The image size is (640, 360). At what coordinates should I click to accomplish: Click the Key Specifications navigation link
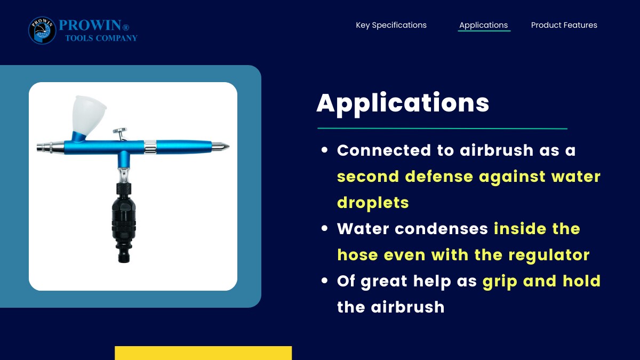point(391,25)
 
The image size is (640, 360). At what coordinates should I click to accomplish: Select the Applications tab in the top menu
point(483,25)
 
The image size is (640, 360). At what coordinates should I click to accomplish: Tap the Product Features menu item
point(564,25)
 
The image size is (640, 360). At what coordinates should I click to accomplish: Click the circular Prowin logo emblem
point(42,30)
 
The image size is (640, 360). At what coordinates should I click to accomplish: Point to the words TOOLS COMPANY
point(101,38)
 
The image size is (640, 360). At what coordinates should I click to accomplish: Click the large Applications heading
point(403,103)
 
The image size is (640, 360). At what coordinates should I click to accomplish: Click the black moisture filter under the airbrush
point(124,223)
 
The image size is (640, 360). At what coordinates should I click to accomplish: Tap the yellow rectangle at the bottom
point(203,353)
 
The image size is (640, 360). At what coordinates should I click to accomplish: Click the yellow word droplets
point(373,203)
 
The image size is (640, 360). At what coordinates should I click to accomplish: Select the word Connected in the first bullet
point(383,150)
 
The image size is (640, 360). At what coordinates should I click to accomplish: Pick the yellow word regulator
point(549,255)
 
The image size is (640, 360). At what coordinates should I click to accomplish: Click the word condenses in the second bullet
point(441,229)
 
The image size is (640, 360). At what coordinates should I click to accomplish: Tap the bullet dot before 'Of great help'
point(324,281)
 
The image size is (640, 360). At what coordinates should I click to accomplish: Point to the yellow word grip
point(500,282)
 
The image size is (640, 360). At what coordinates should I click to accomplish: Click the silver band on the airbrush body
point(150,147)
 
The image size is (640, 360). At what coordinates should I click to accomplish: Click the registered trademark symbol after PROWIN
point(126,27)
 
